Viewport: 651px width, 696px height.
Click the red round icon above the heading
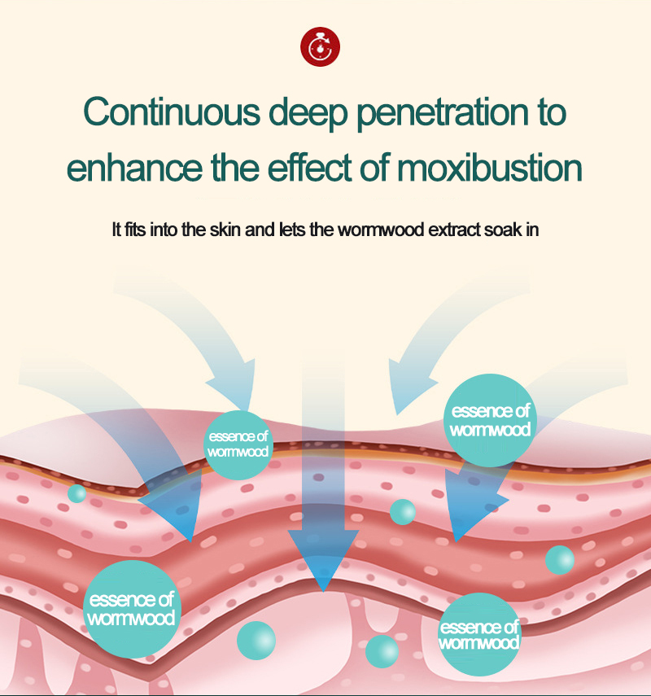pos(321,47)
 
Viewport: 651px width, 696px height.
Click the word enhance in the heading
pos(125,169)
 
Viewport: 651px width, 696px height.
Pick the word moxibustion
pos(490,169)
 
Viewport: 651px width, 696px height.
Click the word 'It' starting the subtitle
pos(116,230)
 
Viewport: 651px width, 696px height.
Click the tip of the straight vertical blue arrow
pos(324,589)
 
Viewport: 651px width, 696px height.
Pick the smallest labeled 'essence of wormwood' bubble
pos(237,444)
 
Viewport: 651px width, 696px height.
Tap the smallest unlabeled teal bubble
pos(77,493)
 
